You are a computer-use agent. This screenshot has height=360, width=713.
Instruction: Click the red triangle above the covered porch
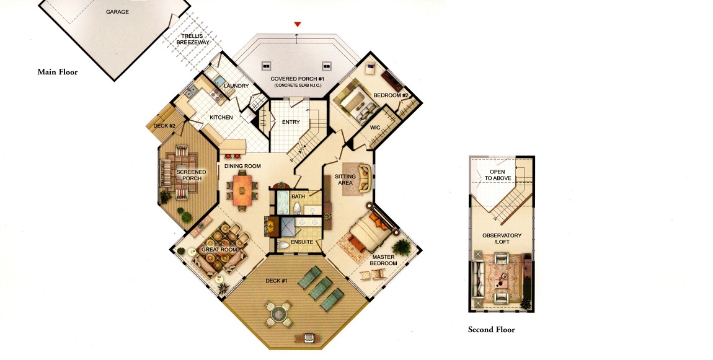click(298, 24)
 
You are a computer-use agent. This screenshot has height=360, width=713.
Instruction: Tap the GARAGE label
click(117, 12)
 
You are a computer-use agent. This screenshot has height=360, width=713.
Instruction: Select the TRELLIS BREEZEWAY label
click(192, 39)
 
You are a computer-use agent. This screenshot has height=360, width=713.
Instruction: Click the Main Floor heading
click(58, 72)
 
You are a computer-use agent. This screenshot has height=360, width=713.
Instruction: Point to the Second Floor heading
click(492, 330)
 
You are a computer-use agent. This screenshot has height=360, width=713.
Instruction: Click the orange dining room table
click(242, 190)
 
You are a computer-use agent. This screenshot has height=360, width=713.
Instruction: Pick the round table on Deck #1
click(278, 314)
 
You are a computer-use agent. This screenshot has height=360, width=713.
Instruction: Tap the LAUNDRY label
click(236, 86)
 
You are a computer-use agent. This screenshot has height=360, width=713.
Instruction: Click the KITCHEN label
click(221, 117)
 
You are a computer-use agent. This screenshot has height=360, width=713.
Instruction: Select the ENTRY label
click(291, 122)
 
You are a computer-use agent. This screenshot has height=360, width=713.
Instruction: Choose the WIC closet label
click(375, 128)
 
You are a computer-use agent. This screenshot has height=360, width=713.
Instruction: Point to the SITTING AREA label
click(345, 180)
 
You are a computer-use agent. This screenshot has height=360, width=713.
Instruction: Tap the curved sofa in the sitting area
click(364, 178)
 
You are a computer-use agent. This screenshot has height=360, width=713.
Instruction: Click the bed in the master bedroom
click(369, 233)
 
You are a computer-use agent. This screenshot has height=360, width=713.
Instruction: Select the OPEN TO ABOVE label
click(497, 175)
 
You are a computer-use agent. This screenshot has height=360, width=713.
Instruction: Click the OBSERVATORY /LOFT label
click(502, 239)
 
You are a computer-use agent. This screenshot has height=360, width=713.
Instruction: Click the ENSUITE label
click(302, 242)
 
